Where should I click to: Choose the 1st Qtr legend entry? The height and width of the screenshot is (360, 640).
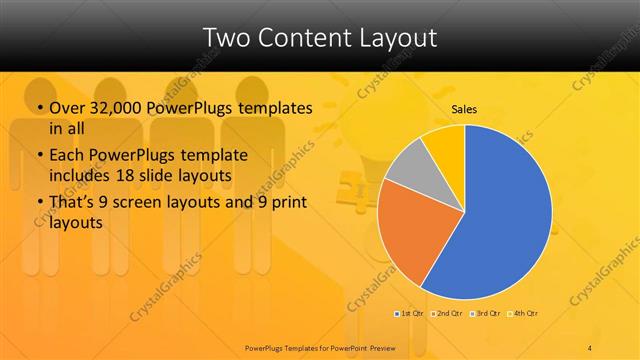[x=410, y=314]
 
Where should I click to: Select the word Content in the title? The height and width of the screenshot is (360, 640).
[x=304, y=38]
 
